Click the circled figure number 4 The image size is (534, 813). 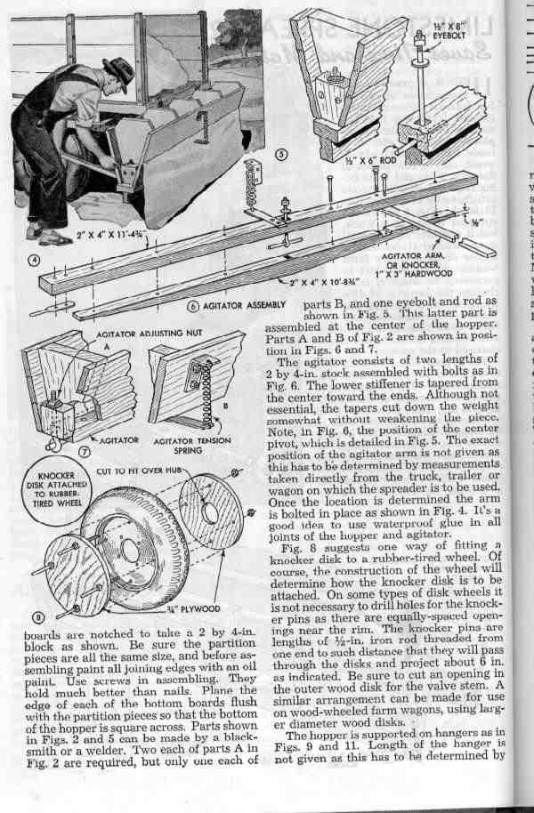(36, 262)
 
